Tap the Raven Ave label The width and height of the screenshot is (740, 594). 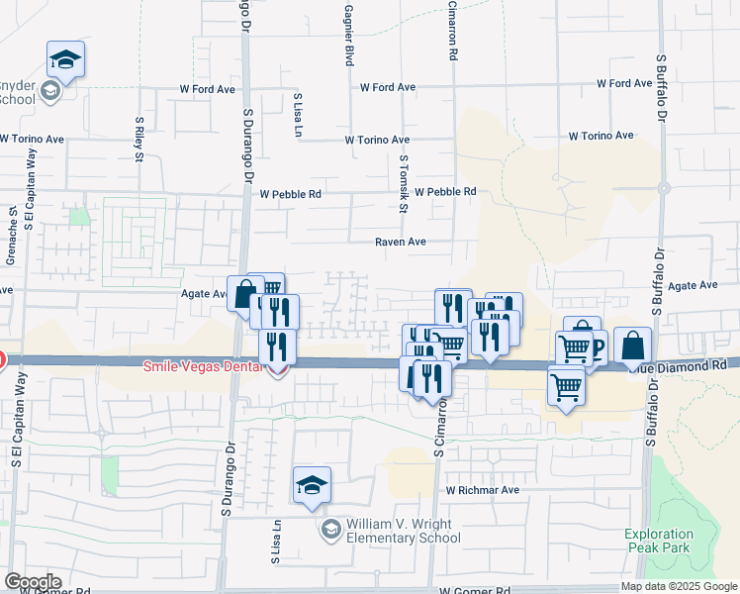tap(400, 242)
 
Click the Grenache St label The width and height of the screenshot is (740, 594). tap(13, 230)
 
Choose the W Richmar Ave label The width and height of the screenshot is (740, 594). tap(482, 490)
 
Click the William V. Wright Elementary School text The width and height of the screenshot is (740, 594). tap(403, 531)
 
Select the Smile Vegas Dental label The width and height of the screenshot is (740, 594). tap(203, 366)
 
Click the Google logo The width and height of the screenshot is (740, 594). tap(33, 582)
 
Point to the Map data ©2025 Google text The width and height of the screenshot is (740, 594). tap(679, 586)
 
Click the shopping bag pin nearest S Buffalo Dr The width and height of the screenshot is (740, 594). tap(633, 346)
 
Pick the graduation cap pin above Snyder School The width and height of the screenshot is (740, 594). tap(65, 59)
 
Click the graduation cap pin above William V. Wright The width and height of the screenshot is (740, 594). tap(312, 485)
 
